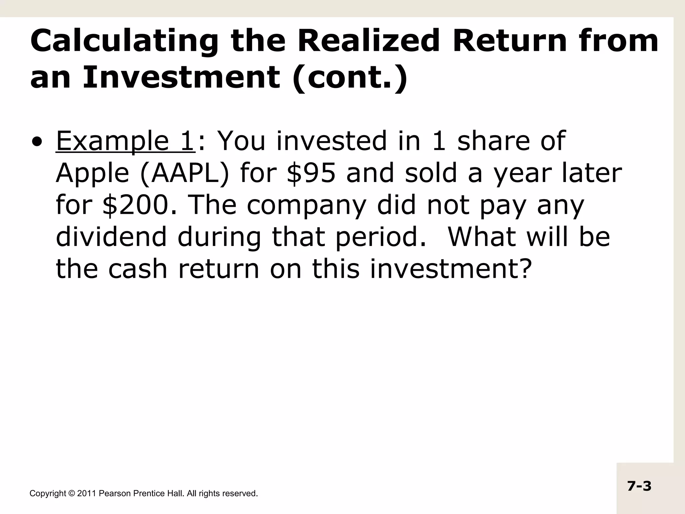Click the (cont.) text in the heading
click(350, 78)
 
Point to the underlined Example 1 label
click(125, 141)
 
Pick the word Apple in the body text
click(92, 174)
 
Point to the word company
click(306, 206)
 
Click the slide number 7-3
click(639, 486)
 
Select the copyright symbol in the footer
click(71, 494)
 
